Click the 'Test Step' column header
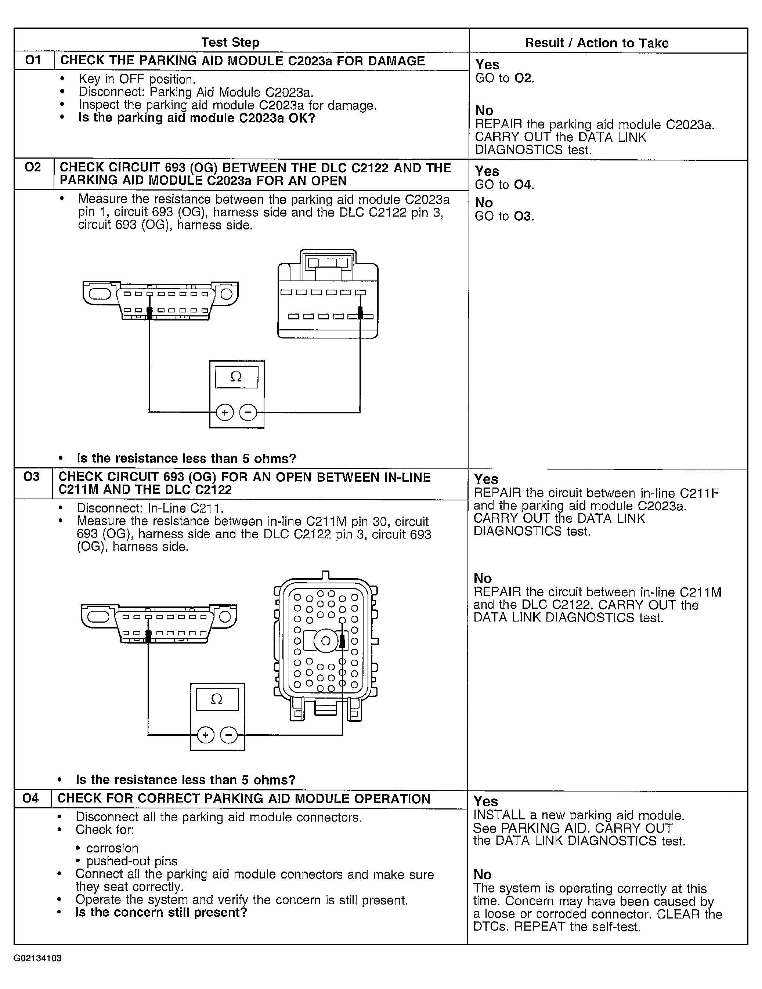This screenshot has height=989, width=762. point(230,42)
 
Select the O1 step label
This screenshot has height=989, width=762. point(33,60)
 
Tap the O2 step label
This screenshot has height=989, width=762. point(33,167)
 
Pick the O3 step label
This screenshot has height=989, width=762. point(31,477)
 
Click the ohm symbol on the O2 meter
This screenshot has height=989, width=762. point(236,376)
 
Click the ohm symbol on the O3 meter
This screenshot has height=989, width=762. point(217,699)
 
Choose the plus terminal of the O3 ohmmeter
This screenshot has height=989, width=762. point(206,735)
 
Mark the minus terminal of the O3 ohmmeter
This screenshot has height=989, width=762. point(229,735)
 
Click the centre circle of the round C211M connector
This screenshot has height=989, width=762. point(326,641)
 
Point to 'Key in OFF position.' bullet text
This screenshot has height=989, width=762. point(137,79)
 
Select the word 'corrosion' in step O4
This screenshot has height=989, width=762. point(112,848)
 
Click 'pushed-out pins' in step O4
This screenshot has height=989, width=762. point(132,861)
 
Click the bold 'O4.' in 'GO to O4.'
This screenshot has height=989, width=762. point(524,185)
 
